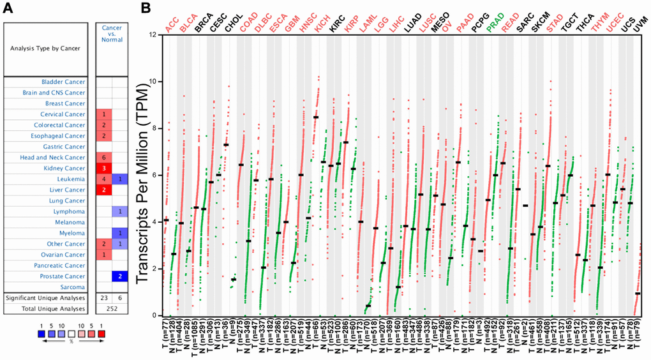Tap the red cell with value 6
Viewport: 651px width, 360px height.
click(103, 157)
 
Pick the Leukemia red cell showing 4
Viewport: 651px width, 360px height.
click(103, 179)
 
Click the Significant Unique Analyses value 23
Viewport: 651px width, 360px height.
click(103, 298)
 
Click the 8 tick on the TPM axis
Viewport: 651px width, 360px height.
click(153, 128)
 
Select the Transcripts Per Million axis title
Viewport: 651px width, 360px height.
click(141, 175)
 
